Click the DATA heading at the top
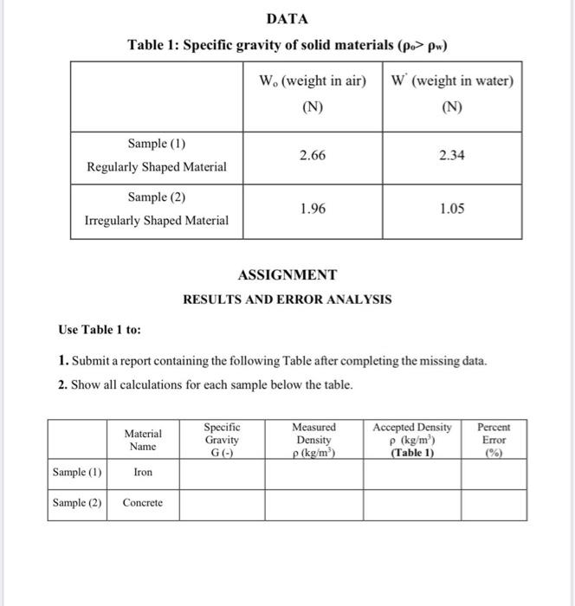tap(287, 18)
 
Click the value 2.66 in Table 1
tap(313, 155)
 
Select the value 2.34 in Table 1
tap(452, 155)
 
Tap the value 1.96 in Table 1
tap(313, 209)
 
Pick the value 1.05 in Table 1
tap(452, 209)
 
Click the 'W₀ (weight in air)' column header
tap(313, 82)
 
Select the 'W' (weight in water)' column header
tap(452, 82)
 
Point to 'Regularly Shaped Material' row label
tap(157, 166)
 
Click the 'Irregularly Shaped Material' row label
tap(157, 220)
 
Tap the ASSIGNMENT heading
tap(287, 275)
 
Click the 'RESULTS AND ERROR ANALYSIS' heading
tap(287, 300)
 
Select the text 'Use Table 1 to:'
tap(100, 330)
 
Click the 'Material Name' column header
tap(143, 439)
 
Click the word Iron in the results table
tap(143, 473)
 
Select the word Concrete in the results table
tap(143, 503)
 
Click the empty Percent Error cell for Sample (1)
tap(494, 473)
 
